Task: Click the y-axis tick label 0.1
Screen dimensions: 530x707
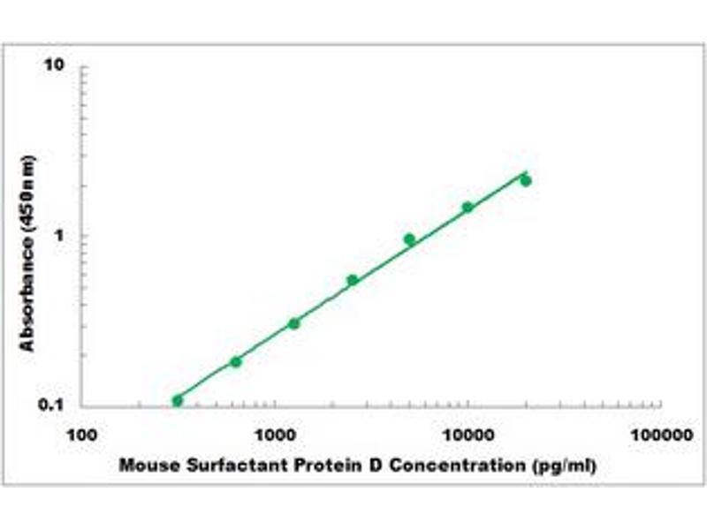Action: tap(55, 405)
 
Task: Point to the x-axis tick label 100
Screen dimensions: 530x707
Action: tap(81, 435)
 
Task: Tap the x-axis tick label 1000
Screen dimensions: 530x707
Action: tap(274, 435)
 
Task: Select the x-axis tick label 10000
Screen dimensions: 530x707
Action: tap(468, 435)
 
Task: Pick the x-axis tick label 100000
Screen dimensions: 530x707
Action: tap(661, 435)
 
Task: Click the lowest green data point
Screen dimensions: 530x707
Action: tap(178, 400)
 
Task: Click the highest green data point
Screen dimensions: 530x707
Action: tap(526, 180)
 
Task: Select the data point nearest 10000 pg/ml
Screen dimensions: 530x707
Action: tap(468, 207)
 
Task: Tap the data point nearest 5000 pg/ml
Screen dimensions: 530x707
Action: tap(409, 239)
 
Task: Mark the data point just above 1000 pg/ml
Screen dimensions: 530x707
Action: tap(293, 323)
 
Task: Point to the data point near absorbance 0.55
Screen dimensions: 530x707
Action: tap(352, 280)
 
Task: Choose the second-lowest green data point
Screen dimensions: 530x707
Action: tap(236, 361)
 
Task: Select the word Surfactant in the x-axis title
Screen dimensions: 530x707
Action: tap(216, 465)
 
